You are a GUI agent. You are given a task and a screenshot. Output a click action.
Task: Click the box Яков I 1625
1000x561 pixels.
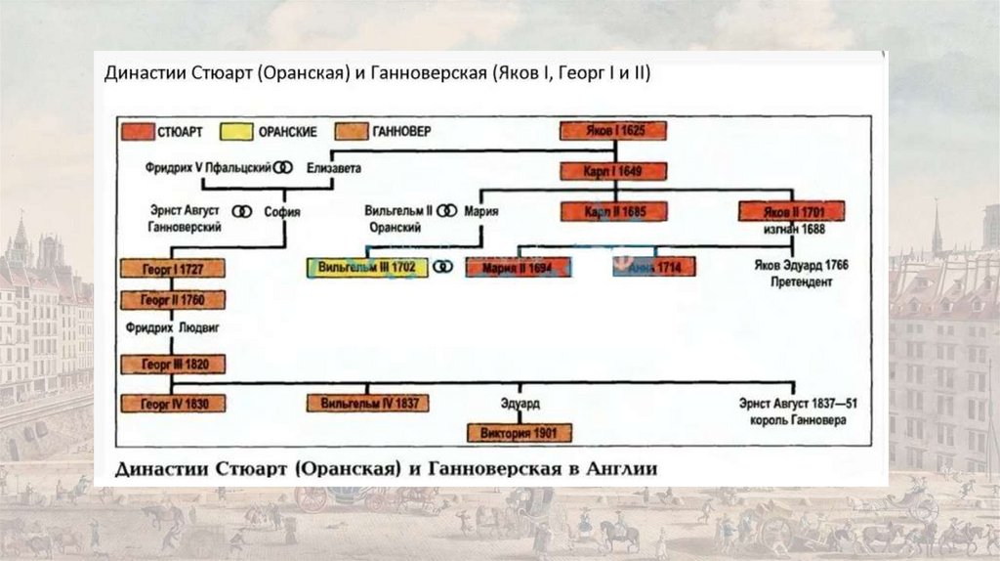pyautogui.click(x=612, y=131)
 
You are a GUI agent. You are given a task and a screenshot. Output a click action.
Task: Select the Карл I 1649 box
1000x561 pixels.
pyautogui.click(x=612, y=171)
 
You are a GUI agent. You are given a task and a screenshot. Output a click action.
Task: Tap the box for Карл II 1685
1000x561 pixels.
pyautogui.click(x=612, y=210)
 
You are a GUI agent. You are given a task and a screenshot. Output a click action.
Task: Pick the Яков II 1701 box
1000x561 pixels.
pyautogui.click(x=792, y=210)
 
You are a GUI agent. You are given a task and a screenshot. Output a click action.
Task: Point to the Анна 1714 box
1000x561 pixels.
pyautogui.click(x=653, y=267)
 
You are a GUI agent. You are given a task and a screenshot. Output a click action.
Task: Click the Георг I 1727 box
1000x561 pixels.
pyautogui.click(x=173, y=268)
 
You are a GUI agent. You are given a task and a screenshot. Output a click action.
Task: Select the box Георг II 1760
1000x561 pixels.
pyautogui.click(x=173, y=300)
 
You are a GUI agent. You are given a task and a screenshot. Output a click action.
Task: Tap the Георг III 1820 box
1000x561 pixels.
pyautogui.click(x=173, y=365)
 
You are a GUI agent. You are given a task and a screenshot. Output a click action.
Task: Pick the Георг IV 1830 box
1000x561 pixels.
pyautogui.click(x=173, y=403)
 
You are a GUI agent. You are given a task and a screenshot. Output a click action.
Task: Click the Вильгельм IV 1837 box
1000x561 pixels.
pyautogui.click(x=368, y=403)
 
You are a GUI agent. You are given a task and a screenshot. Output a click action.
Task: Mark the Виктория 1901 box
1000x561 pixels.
pyautogui.click(x=520, y=432)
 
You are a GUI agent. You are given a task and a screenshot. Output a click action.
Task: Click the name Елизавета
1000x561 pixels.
pyautogui.click(x=334, y=168)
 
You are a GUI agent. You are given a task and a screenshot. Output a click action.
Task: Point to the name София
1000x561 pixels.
pyautogui.click(x=281, y=211)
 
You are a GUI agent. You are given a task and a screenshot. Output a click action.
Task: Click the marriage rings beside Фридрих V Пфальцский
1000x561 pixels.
pyautogui.click(x=283, y=168)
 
